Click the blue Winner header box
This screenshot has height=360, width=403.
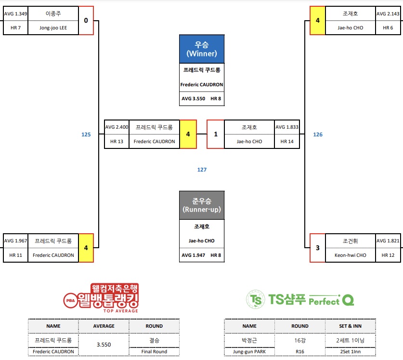pos(202,49)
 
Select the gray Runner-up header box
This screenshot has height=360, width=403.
pos(202,205)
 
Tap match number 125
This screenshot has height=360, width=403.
pos(86,134)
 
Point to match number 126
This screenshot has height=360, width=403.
pos(318,134)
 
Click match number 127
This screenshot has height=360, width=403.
pos(202,170)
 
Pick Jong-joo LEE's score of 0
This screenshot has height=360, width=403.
pos(86,20)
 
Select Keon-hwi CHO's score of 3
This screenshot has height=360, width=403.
pos(317,248)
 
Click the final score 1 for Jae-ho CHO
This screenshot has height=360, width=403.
pos(216,134)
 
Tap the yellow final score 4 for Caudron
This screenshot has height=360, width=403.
pos(188,134)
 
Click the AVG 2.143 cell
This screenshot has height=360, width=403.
pos(388,14)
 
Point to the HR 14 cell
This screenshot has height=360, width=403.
pos(286,142)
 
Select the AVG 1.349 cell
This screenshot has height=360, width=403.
pos(15,14)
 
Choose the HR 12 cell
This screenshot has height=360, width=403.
pos(388,255)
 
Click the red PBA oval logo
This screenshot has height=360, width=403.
pos(70,300)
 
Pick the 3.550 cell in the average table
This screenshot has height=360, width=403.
pos(104,345)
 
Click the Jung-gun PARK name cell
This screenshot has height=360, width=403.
pos(249,351)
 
